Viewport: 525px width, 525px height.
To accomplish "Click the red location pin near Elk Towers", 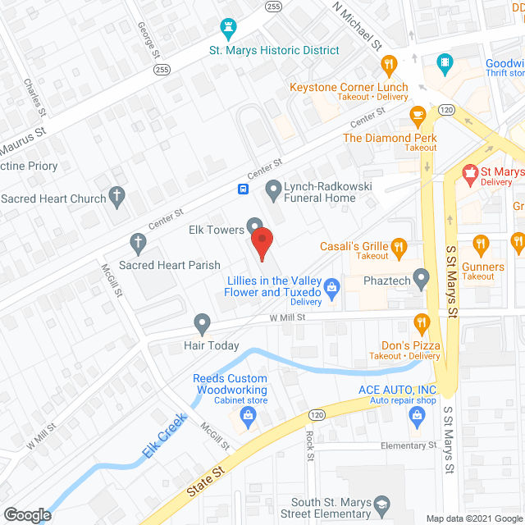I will tap(261, 244).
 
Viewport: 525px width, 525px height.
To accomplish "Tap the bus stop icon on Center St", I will tap(244, 189).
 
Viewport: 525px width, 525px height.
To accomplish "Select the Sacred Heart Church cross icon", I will tap(118, 197).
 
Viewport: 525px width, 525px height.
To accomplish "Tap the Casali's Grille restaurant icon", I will tap(399, 245).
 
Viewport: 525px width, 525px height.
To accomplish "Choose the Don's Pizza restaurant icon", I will tap(422, 322).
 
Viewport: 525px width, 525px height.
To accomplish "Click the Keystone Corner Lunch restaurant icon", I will tap(390, 63).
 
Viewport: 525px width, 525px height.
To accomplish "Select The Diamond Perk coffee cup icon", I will tap(419, 114).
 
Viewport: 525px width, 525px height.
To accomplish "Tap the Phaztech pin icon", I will tap(422, 280).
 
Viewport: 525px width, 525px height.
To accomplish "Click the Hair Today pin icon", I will tap(202, 322).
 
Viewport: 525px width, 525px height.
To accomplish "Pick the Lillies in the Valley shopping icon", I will tap(331, 285).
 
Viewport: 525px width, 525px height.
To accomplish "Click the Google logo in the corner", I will tap(27, 515).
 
